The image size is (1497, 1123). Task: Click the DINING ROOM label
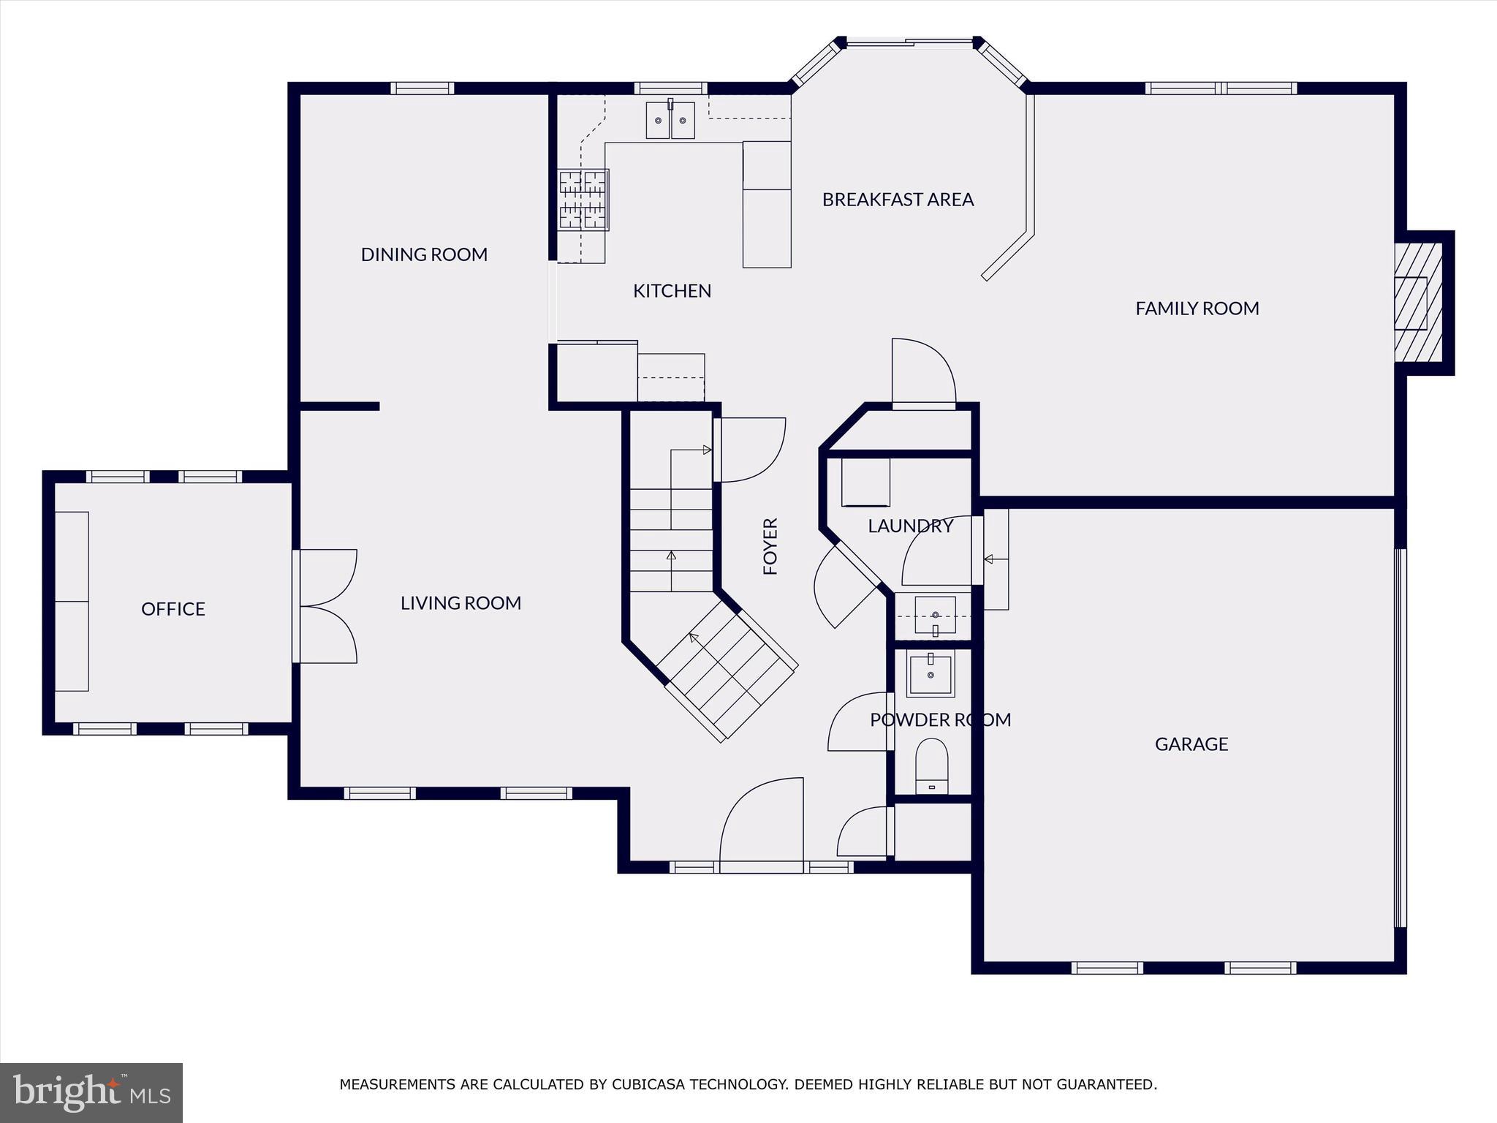(424, 254)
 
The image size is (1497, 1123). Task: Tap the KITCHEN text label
(672, 291)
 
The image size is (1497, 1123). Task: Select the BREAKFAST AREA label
(898, 200)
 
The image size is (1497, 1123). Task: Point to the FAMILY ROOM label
(1197, 309)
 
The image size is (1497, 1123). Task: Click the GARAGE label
(1191, 744)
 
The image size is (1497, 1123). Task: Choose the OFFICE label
(173, 609)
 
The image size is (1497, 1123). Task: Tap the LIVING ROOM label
(461, 603)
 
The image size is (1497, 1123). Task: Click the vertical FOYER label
(770, 546)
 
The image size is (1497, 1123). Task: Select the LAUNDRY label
(910, 526)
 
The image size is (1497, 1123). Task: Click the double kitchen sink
(670, 120)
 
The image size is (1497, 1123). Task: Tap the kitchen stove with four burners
(583, 200)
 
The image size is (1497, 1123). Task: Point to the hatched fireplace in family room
(1418, 303)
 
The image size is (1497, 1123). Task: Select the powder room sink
(931, 676)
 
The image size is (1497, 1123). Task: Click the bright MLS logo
(91, 1092)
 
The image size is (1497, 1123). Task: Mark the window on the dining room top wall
(422, 88)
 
